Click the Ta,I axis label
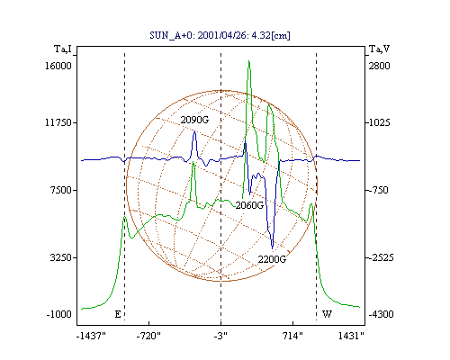[x=63, y=49]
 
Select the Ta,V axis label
[x=379, y=49]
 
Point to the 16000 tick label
[x=58, y=66]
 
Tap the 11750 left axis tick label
[x=58, y=122]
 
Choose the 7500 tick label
[x=61, y=190]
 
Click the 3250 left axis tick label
[x=61, y=257]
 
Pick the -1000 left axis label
[x=59, y=314]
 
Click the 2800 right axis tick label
[x=379, y=66]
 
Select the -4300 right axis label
[x=381, y=314]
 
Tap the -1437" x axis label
[x=91, y=336]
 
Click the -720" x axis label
[x=148, y=336]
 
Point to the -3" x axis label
[x=220, y=336]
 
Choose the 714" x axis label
[x=292, y=336]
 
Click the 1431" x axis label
[x=351, y=336]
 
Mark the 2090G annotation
[x=194, y=120]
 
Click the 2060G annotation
[x=249, y=205]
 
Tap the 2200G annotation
[x=272, y=259]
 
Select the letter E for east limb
[x=118, y=314]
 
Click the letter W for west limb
[x=327, y=314]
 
